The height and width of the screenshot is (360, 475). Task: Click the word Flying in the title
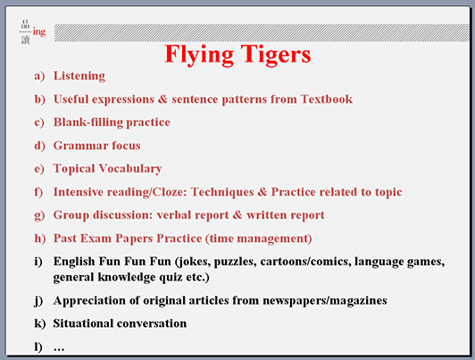pyautogui.click(x=199, y=54)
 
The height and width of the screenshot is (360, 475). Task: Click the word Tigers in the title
pyautogui.click(x=276, y=54)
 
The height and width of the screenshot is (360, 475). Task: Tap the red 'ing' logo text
pyautogui.click(x=39, y=32)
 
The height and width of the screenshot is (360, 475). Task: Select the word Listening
pyautogui.click(x=79, y=76)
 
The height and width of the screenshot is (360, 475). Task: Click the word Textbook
pyautogui.click(x=327, y=99)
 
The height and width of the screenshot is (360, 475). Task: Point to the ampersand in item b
pyautogui.click(x=162, y=99)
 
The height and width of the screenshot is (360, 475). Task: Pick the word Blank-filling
pyautogui.click(x=89, y=122)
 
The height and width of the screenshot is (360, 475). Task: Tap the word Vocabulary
pyautogui.click(x=130, y=169)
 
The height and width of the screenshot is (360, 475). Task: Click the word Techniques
pyautogui.click(x=222, y=192)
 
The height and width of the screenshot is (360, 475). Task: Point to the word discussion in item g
pyautogui.click(x=123, y=215)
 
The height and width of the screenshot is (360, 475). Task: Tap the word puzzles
pyautogui.click(x=236, y=262)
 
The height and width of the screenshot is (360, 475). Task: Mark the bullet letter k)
pyautogui.click(x=39, y=323)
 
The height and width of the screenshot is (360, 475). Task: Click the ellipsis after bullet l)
pyautogui.click(x=59, y=349)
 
